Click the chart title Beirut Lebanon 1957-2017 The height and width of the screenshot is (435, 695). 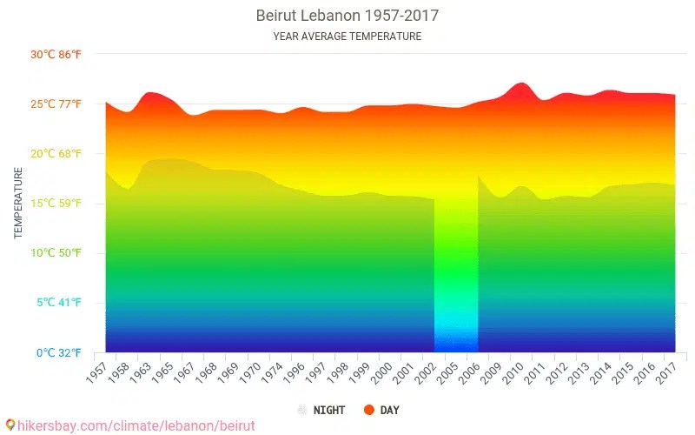[x=347, y=16]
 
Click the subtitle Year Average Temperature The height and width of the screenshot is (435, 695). [x=347, y=37]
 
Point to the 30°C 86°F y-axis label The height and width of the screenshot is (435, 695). [x=56, y=55]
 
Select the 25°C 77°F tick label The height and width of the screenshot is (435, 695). [x=56, y=104]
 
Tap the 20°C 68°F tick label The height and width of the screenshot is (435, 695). [x=56, y=154]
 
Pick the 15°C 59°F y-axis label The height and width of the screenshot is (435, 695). [x=56, y=204]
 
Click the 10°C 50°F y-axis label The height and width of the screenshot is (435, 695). [x=56, y=253]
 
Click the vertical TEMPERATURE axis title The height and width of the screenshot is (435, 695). [x=18, y=204]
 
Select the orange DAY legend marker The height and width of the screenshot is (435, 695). [x=368, y=410]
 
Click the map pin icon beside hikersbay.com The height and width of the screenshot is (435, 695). [x=10, y=425]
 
